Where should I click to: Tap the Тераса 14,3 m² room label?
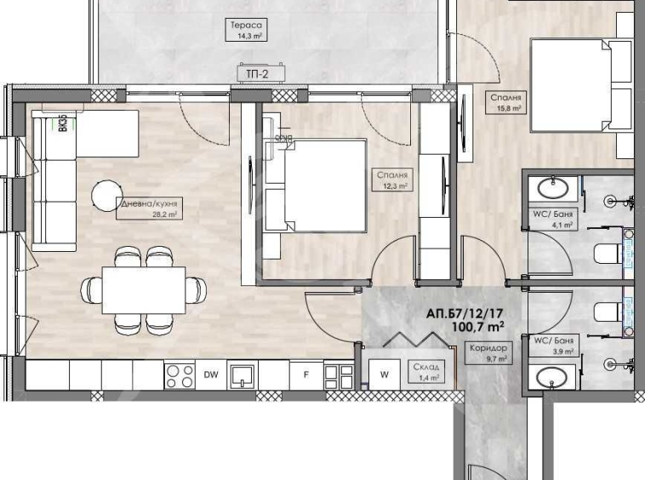coord(243,31)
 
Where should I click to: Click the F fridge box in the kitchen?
coord(305,373)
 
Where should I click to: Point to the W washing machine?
coord(384,373)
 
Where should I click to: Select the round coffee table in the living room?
coord(108,192)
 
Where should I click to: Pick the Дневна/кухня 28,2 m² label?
coord(149,209)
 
